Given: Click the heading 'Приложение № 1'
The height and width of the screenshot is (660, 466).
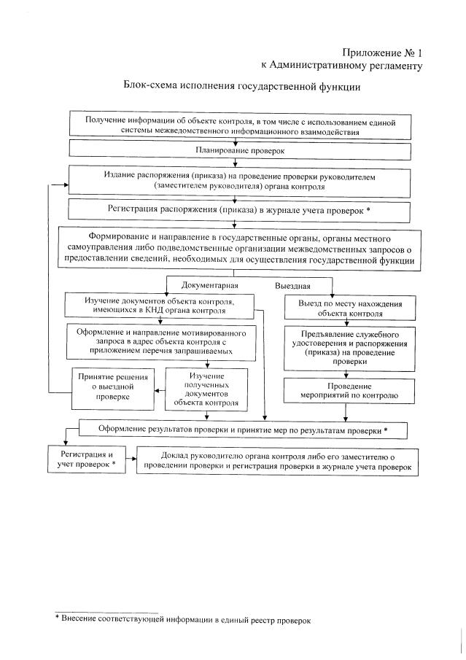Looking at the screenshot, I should tap(382, 53).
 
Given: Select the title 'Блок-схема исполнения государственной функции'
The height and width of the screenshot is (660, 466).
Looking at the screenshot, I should tap(242, 86).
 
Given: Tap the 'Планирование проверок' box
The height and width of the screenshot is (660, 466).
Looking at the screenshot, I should tap(243, 150).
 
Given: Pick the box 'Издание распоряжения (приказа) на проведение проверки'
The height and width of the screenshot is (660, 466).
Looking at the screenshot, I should tap(243, 181).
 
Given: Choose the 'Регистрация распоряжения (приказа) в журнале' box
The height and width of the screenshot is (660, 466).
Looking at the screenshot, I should tap(243, 210).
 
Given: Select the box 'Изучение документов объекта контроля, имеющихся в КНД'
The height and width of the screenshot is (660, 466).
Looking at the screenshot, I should tap(160, 305).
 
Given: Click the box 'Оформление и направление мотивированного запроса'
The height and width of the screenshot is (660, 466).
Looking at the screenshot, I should tap(161, 341).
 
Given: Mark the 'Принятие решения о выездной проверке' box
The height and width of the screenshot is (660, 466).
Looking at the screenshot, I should tap(113, 387).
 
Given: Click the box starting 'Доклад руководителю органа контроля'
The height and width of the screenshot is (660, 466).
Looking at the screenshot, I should tap(278, 459).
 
